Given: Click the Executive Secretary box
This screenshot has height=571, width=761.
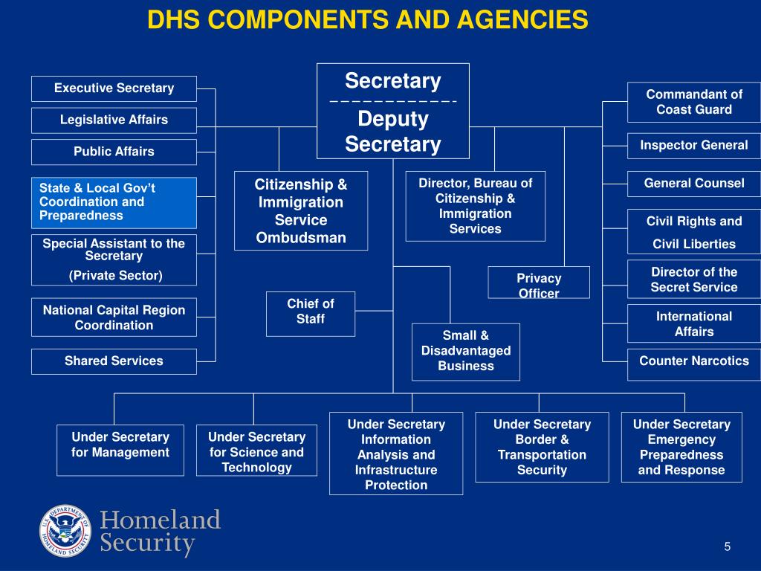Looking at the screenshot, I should [114, 88].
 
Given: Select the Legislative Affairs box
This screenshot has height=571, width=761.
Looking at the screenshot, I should [114, 120].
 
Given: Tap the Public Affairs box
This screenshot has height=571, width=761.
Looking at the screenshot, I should [114, 152].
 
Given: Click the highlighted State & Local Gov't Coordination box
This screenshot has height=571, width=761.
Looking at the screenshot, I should [114, 202].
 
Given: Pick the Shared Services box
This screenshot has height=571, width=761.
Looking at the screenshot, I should [114, 361].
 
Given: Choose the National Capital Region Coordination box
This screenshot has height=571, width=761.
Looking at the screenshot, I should [114, 317].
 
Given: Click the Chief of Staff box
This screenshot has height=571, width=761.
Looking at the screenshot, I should [311, 311].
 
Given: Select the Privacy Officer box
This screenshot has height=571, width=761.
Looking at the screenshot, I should [539, 283].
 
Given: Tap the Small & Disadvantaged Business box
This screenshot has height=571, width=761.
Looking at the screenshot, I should [466, 351].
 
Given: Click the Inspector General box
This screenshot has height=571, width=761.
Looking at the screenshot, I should [693, 146].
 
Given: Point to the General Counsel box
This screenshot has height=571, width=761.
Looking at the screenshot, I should [693, 184].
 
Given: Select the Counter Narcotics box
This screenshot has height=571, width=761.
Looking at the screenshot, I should [693, 362].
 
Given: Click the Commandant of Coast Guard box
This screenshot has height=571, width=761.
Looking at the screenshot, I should [693, 102].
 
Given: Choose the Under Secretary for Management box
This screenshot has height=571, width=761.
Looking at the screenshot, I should [120, 449].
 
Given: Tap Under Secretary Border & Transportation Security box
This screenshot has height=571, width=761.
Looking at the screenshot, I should [542, 447].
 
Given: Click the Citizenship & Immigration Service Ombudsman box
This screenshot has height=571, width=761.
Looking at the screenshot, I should [301, 210].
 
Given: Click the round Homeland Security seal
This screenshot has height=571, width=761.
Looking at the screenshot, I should [65, 532].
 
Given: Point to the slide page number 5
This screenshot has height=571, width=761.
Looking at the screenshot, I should [728, 547].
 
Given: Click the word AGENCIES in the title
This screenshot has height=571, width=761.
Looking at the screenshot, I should [512, 20].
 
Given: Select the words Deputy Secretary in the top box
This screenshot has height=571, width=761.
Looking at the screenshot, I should [393, 132].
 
